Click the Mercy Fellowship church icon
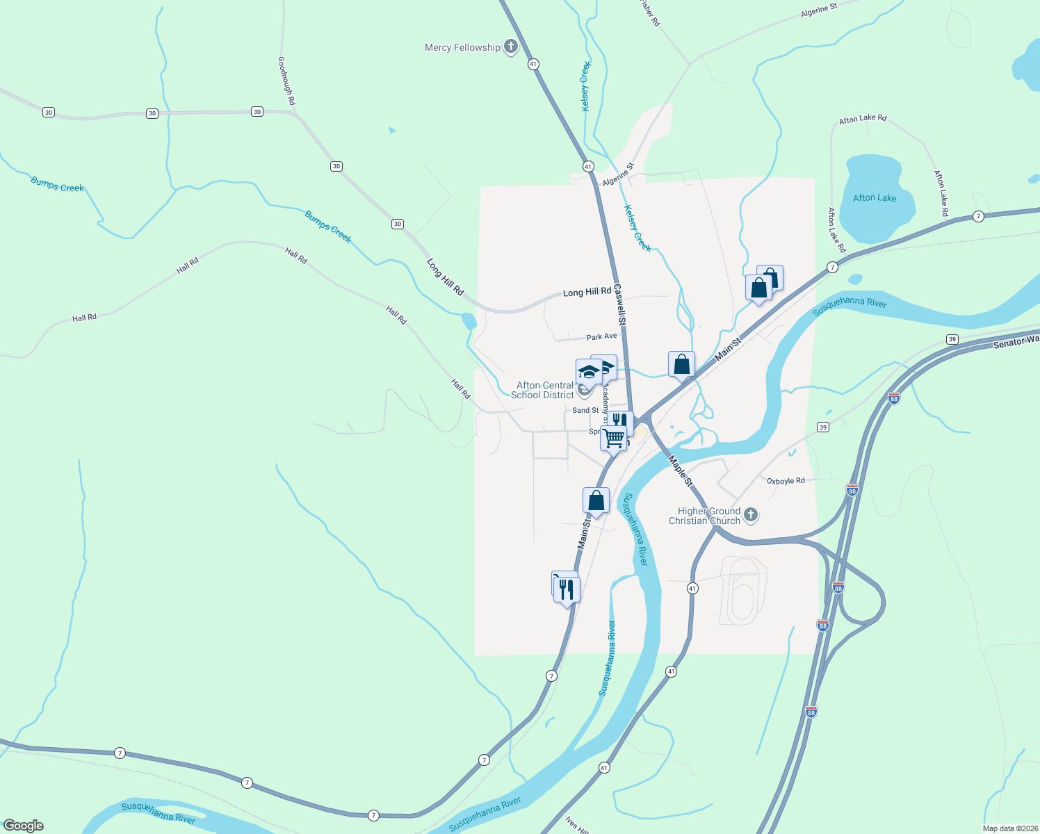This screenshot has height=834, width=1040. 511,47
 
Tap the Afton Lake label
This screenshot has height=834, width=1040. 875,198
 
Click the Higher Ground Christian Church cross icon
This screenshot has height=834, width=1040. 750,515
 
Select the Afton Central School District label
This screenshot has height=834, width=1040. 543,390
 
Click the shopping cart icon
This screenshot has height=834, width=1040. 614,439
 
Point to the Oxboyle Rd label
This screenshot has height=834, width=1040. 786,481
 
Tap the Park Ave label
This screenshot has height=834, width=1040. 601,336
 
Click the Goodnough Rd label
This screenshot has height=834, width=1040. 286,81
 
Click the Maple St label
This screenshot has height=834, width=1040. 680,471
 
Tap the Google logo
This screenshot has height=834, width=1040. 24,826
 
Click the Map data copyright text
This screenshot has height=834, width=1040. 1009,828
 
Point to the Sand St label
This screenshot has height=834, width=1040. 585,411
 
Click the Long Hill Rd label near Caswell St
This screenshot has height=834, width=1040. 587,292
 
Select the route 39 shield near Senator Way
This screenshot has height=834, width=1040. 952,339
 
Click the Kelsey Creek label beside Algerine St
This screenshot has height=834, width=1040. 637,228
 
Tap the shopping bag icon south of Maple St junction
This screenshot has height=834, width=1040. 596,500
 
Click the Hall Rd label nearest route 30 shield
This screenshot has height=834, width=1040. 296,255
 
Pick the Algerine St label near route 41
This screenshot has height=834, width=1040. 619,174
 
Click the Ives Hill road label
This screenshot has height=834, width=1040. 577,825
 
